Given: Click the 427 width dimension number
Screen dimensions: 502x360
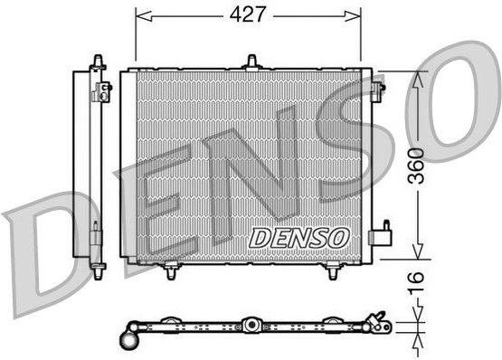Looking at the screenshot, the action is click(x=248, y=14).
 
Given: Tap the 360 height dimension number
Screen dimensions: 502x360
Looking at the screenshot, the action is click(x=416, y=166).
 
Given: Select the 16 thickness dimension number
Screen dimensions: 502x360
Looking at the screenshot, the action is click(x=416, y=282).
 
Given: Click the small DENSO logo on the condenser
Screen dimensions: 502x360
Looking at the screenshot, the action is click(x=298, y=238).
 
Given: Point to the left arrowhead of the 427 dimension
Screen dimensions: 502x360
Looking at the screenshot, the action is click(x=144, y=15).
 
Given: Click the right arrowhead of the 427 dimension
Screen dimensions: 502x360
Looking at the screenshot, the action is click(x=353, y=15).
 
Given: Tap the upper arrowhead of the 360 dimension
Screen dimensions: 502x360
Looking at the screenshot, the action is click(x=418, y=80).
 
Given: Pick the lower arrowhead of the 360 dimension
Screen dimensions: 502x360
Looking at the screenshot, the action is click(x=417, y=251).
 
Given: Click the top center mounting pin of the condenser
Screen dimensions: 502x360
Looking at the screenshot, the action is click(x=252, y=62).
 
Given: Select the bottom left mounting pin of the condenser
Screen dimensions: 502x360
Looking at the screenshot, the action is click(x=172, y=270).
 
